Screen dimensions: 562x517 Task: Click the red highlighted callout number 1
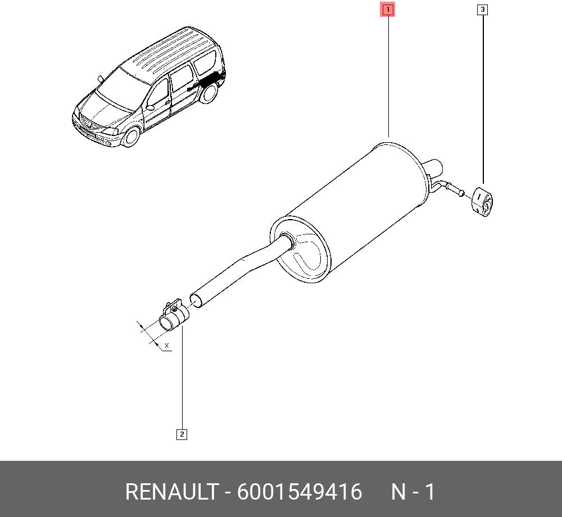[x=388, y=10]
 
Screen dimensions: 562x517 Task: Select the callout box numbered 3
[x=482, y=10]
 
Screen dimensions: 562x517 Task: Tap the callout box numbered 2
[x=182, y=434]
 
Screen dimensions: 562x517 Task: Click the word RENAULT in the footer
[x=171, y=491]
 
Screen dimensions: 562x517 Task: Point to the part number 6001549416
[x=300, y=491]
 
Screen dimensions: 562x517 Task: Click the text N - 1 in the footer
[x=413, y=491]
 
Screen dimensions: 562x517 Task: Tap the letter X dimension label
[x=167, y=346]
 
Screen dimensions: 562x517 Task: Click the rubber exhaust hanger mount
[x=483, y=202]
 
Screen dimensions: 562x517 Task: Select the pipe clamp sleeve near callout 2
[x=174, y=316]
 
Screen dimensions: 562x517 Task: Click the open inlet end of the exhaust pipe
[x=196, y=300]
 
